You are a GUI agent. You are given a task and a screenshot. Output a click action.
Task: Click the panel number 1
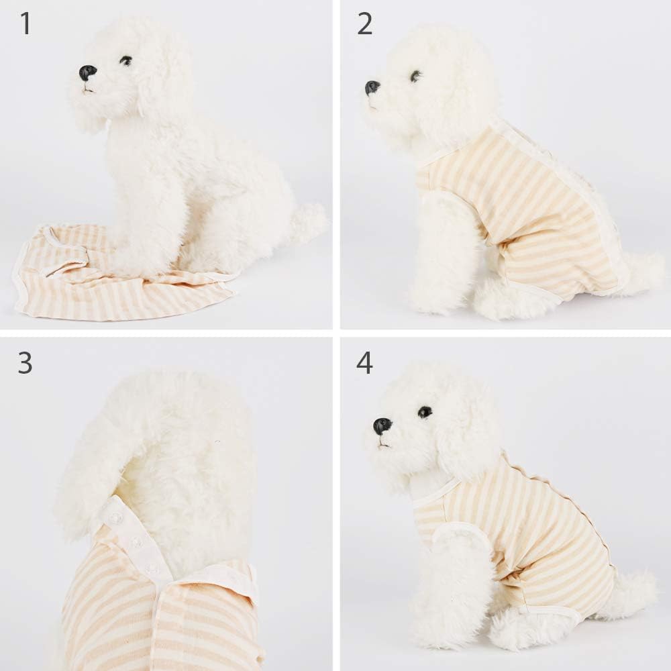pos(25,23)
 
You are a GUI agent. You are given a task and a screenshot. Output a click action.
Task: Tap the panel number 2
pos(364,23)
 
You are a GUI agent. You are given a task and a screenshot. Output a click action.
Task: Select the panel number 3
pos(25,362)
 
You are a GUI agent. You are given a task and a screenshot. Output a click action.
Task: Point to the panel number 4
pos(364,362)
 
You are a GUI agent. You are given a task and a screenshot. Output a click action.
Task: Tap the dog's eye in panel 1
pos(125,60)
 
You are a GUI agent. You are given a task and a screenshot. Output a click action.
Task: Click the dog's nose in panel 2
pos(372,87)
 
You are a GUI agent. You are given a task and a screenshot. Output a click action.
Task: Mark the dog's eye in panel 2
pos(415,76)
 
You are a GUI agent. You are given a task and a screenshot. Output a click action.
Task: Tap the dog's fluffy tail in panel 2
pos(641,272)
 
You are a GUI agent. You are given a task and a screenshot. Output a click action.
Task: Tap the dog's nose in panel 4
pos(382,425)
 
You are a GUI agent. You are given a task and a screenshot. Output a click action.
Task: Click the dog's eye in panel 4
pos(425,412)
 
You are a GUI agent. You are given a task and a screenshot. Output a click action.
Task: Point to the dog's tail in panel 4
pos(631,590)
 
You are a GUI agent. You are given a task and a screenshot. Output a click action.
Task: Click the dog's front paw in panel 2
pos(429,302)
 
